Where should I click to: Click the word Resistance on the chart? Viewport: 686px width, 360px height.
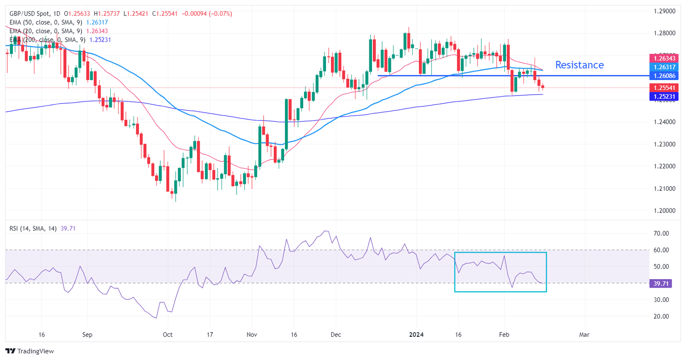(579, 65)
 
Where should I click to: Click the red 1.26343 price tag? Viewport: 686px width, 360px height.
(663, 59)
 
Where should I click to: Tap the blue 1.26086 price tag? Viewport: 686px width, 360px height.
(663, 76)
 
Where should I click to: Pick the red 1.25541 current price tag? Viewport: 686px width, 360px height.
(663, 88)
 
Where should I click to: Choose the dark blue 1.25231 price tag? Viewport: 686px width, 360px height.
(663, 96)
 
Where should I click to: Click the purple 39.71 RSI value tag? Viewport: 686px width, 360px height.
(660, 283)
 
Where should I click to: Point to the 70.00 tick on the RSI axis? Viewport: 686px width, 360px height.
(660, 234)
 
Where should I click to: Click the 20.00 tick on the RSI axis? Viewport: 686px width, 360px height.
(660, 316)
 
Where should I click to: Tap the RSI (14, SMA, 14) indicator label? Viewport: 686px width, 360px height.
(33, 229)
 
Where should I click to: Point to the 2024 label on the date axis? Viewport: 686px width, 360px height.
(417, 335)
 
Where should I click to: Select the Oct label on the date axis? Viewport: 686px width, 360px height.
(167, 335)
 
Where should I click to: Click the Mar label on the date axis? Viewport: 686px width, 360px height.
(584, 335)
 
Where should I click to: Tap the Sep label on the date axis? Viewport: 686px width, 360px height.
(88, 335)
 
